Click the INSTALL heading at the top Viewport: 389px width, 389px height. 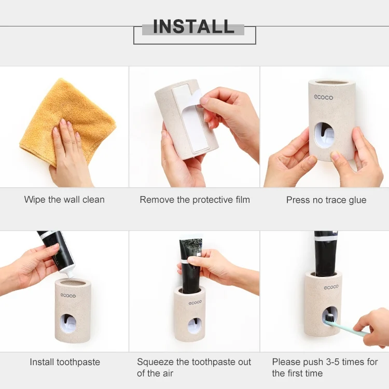[x=194, y=26]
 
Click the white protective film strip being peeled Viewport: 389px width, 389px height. [x=190, y=117]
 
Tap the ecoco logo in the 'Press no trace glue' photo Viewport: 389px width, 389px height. [x=324, y=98]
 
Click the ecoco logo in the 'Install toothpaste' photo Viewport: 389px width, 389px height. [x=68, y=296]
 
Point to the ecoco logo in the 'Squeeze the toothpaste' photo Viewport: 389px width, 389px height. [x=195, y=302]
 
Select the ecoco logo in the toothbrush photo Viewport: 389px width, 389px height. [x=331, y=287]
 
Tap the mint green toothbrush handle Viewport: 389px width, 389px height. [x=350, y=327]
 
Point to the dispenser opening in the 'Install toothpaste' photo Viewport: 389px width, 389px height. [x=68, y=324]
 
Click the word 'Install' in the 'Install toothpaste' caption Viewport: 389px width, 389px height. [x=42, y=362]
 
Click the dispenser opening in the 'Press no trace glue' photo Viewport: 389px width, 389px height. [x=324, y=135]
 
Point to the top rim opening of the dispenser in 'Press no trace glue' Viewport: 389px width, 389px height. [x=332, y=82]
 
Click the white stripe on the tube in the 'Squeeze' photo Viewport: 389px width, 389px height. [x=189, y=261]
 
